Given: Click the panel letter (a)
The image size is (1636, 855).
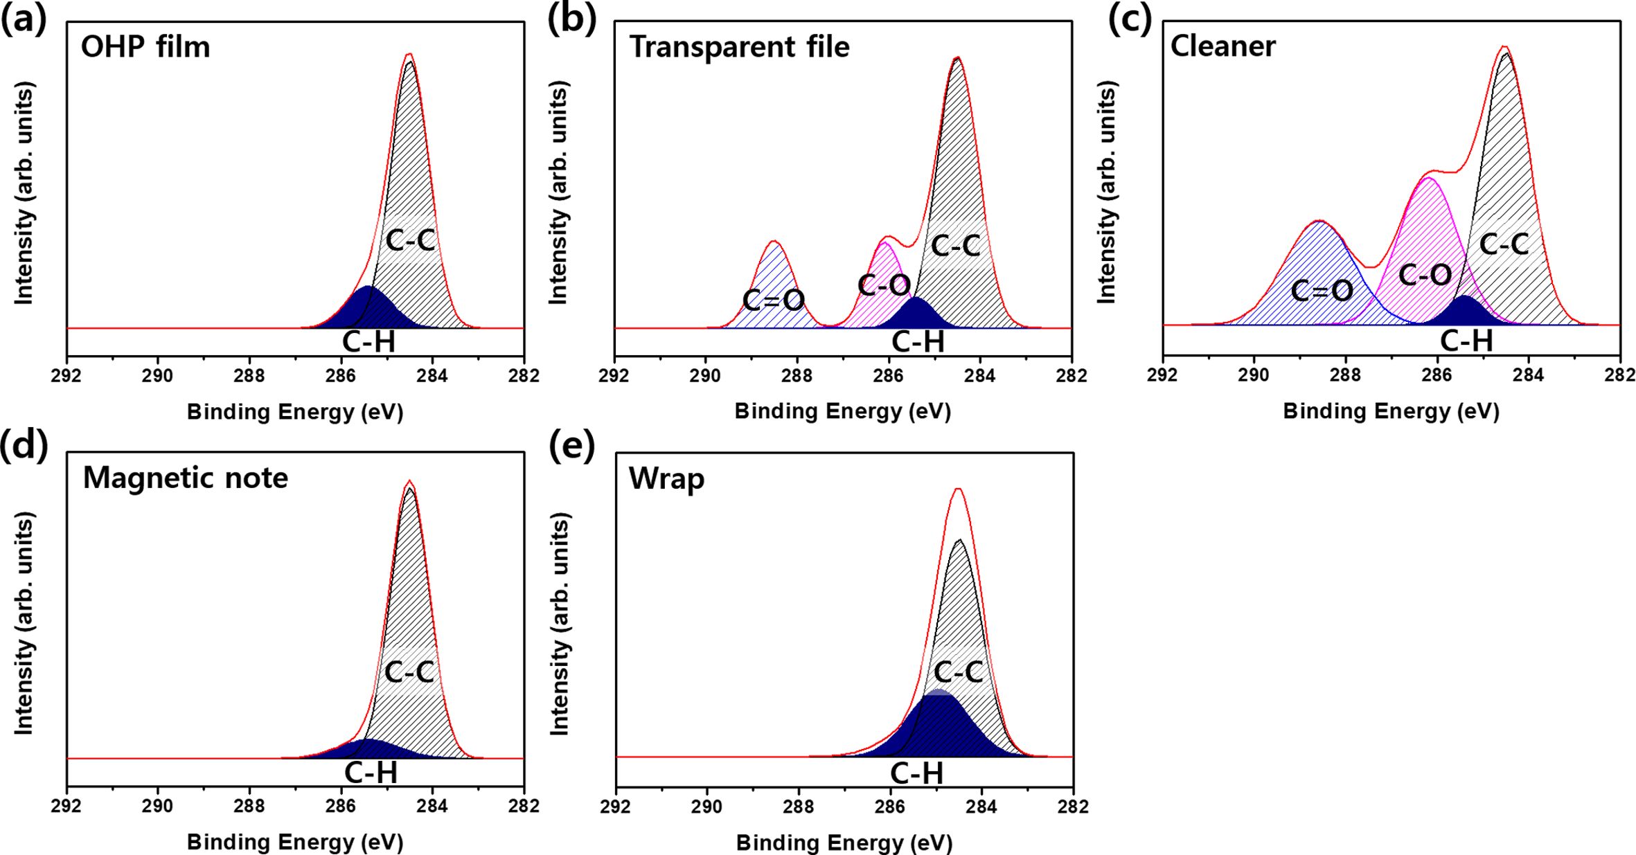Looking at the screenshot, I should (x=24, y=21).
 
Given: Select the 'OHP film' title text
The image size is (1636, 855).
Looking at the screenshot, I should (x=145, y=47).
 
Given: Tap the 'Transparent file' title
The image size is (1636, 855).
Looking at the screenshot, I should (x=739, y=47).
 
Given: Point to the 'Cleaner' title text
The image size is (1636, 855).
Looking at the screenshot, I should (x=1222, y=46).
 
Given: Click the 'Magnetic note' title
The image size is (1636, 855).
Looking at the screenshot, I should (x=185, y=478).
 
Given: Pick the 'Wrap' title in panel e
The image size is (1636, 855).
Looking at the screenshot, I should (x=666, y=479).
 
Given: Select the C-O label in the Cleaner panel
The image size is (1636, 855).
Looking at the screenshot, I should (x=1425, y=276).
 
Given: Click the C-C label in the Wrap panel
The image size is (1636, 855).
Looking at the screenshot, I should (x=958, y=672).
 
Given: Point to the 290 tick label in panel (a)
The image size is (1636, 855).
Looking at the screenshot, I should (x=158, y=376).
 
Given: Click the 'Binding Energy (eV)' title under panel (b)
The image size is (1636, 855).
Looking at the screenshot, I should (x=842, y=412).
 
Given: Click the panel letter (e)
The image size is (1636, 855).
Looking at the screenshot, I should (x=571, y=448).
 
